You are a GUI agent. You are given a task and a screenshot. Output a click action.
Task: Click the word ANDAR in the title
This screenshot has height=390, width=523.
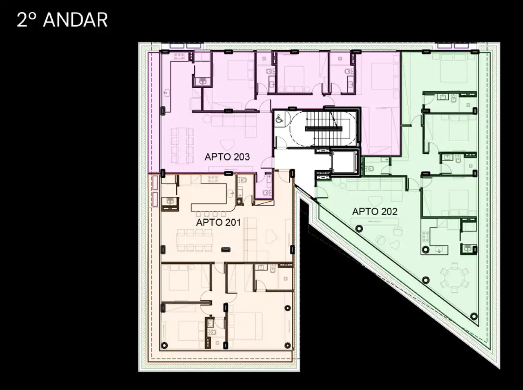(x=75, y=20)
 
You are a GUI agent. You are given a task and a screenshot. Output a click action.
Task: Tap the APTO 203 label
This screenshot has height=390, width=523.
(x=227, y=157)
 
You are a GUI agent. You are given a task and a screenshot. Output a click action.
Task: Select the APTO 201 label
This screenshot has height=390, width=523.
(x=218, y=223)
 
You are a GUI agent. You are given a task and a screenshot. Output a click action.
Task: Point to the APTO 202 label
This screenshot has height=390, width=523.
(x=375, y=212)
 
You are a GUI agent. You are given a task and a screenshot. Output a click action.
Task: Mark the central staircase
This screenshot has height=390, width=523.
(x=323, y=129)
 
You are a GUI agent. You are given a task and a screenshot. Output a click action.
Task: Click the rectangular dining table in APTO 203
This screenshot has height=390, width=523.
(x=182, y=145)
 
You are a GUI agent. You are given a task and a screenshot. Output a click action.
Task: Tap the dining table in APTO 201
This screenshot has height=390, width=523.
(x=194, y=240)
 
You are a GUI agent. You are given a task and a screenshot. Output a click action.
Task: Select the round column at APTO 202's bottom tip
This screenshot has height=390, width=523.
(x=474, y=316)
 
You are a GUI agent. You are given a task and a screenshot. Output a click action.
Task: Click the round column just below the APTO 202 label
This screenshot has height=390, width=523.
(x=359, y=229)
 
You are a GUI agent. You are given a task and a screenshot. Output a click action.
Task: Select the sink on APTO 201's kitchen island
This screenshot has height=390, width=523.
(x=230, y=193)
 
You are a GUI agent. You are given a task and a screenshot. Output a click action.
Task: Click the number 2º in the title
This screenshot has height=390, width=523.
(x=26, y=20)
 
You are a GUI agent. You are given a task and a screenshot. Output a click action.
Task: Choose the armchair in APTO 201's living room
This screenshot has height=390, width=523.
(x=271, y=236)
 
